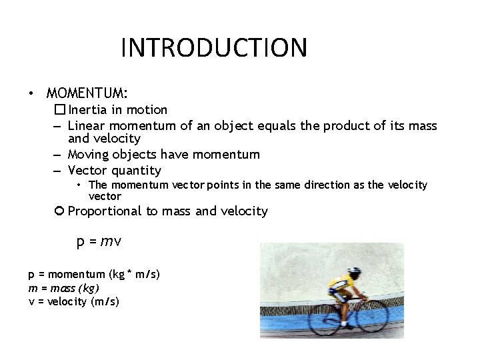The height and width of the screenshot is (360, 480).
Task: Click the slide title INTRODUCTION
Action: click(x=214, y=48)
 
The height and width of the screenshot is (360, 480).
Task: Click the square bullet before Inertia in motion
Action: click(x=60, y=109)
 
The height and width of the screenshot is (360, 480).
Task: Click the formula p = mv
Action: click(x=98, y=241)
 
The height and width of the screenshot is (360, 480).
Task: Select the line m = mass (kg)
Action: click(x=63, y=287)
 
